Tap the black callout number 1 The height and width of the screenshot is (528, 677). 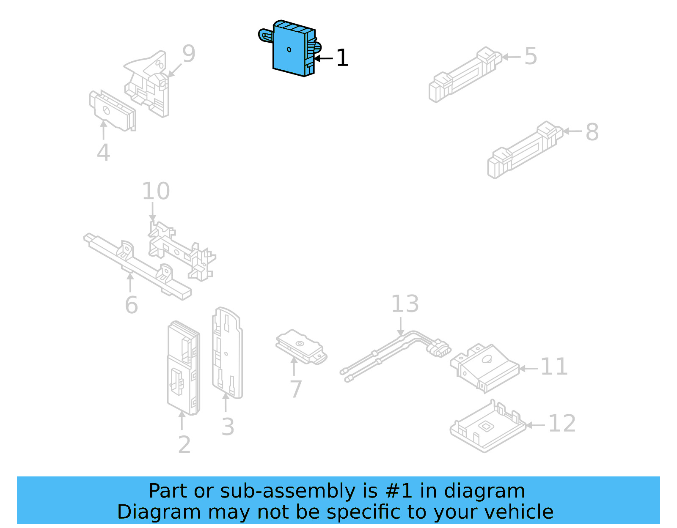tap(342, 58)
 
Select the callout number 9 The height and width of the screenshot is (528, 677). tap(189, 54)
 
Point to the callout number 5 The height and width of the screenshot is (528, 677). tap(531, 56)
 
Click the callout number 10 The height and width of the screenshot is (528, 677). tap(156, 191)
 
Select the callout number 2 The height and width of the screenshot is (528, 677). tap(184, 445)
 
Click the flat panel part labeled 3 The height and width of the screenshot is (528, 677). tap(227, 353)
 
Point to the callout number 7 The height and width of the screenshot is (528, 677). tap(296, 389)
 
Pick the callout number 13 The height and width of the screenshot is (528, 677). tap(405, 304)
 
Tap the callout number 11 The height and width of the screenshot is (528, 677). tap(554, 367)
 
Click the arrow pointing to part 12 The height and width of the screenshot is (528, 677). tap(535, 425)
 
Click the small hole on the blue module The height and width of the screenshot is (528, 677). tap(289, 49)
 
